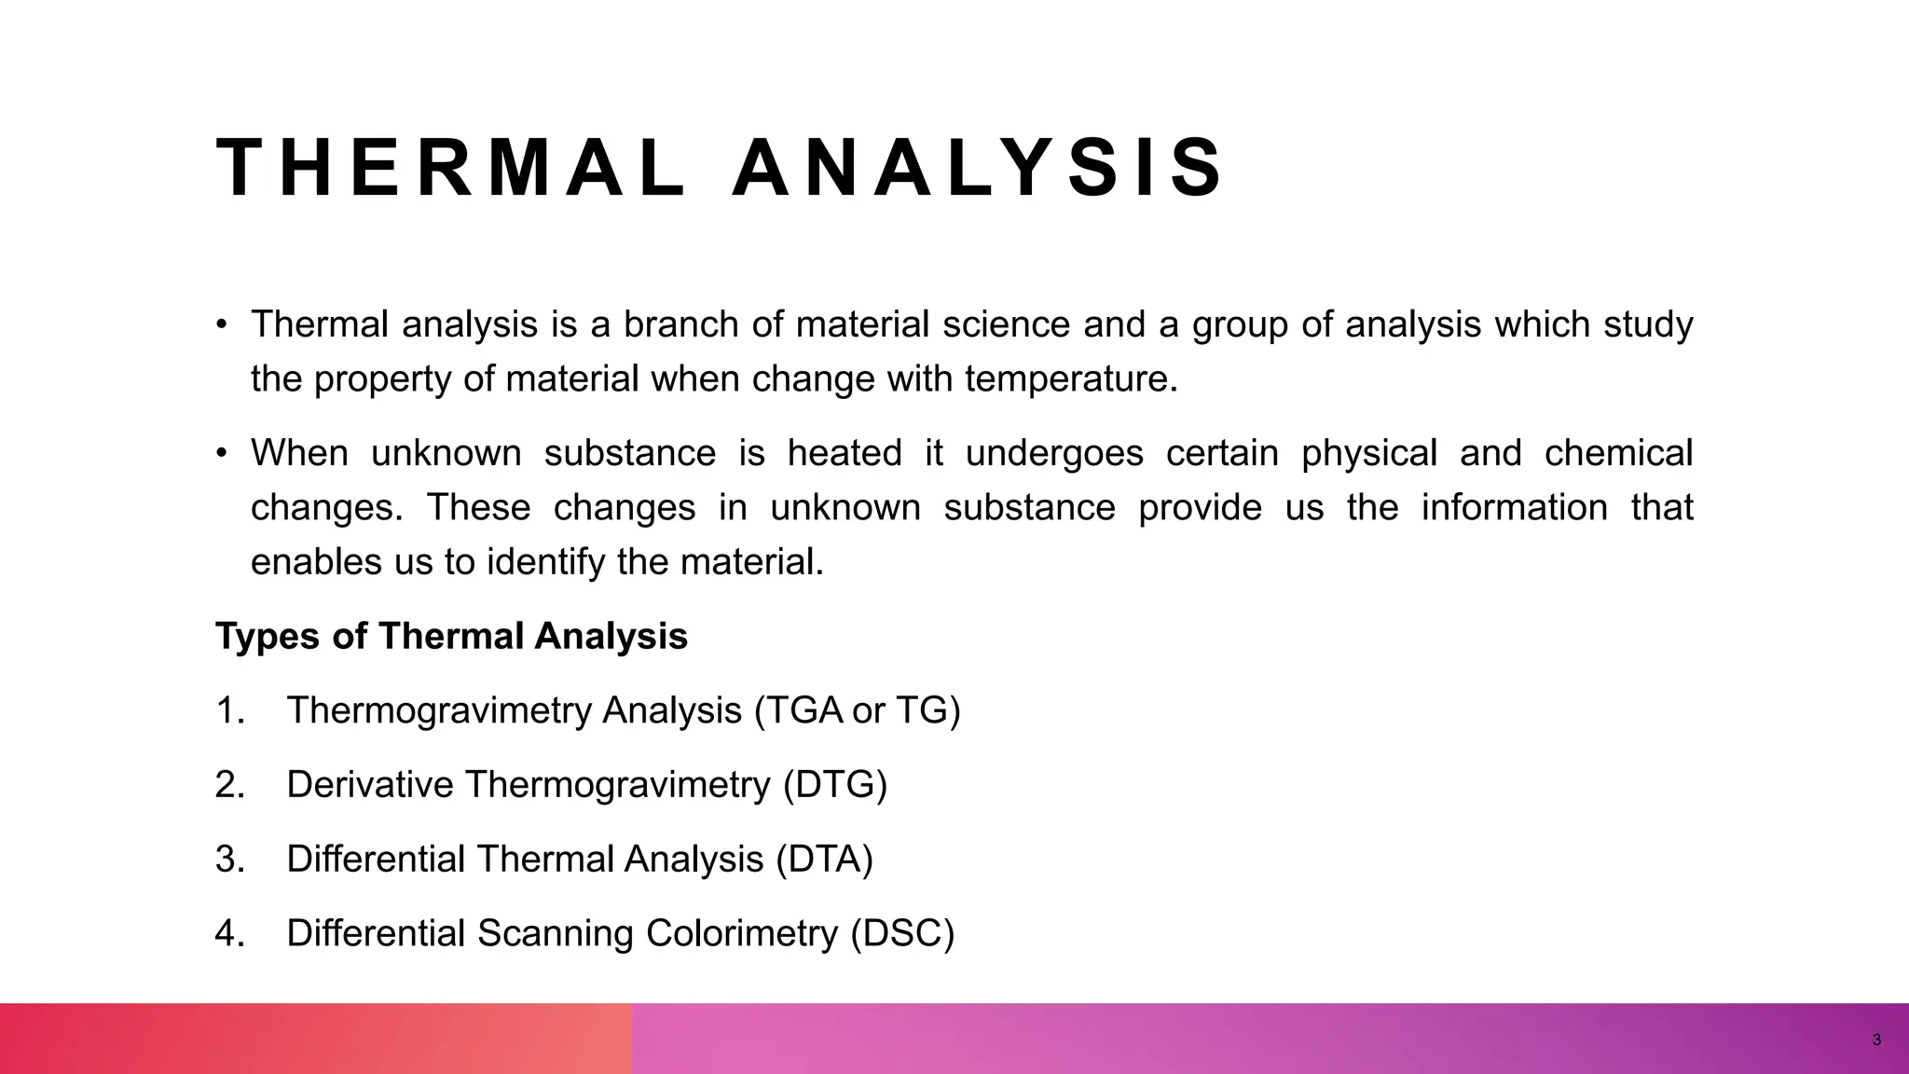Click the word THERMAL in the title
450,169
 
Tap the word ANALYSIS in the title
976,169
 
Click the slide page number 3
1876,1040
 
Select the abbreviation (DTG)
835,785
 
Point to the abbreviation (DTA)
824,859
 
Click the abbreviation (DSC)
902,933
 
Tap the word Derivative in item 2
369,785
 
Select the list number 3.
228,859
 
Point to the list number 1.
228,711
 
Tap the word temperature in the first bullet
1071,379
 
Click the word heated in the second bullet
845,454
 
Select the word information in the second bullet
1514,508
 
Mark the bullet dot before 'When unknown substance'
222,454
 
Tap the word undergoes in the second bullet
1054,454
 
